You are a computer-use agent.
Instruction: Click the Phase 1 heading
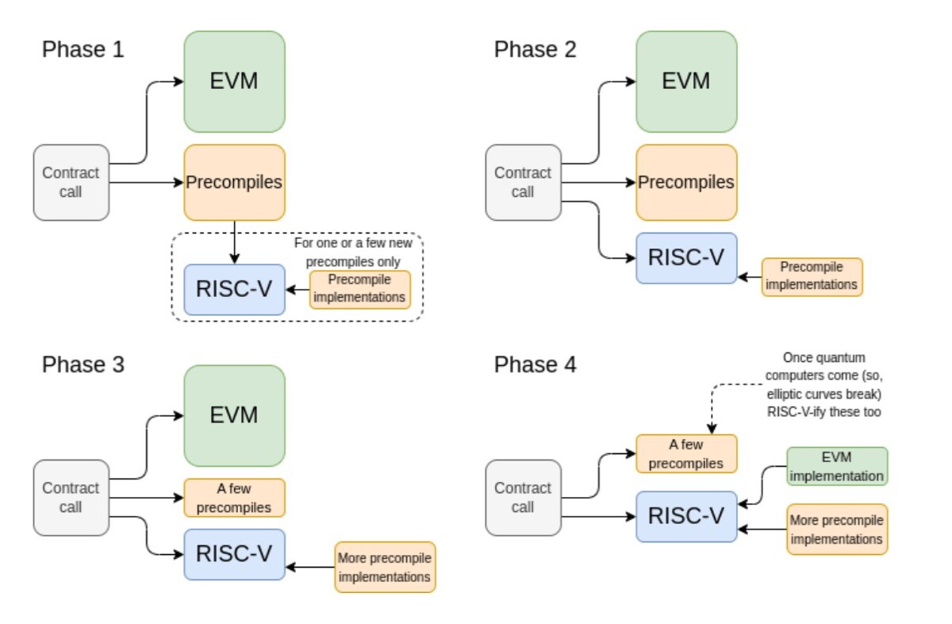click(x=83, y=49)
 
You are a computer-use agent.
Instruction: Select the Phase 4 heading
click(x=535, y=364)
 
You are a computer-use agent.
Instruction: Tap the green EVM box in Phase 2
click(x=686, y=81)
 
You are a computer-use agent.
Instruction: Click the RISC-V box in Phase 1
click(x=234, y=290)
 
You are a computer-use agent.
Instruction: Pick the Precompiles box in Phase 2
click(x=686, y=183)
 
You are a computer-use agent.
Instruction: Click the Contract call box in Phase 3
click(x=71, y=498)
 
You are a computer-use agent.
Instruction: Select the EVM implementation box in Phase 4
click(x=837, y=466)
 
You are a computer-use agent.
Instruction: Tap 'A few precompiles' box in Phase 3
click(x=234, y=498)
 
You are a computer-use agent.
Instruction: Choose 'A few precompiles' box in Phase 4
click(x=686, y=453)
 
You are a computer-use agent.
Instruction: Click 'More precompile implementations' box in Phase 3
click(x=385, y=567)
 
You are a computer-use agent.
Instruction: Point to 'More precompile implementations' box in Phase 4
click(x=837, y=530)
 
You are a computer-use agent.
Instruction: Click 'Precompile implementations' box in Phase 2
click(x=812, y=277)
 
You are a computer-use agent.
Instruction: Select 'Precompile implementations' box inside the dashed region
click(x=360, y=290)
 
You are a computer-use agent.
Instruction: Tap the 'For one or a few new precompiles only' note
click(x=353, y=252)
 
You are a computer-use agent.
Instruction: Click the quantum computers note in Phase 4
click(x=823, y=384)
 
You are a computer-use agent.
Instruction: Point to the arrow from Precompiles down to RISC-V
click(x=234, y=242)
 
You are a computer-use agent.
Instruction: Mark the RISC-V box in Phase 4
click(x=686, y=516)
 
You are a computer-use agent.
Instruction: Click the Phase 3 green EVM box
click(x=234, y=415)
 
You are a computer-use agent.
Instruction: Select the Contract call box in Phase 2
click(x=523, y=183)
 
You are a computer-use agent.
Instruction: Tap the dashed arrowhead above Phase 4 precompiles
click(x=712, y=429)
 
